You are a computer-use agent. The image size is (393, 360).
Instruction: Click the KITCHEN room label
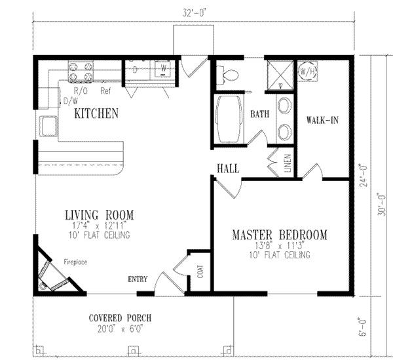(x=96, y=113)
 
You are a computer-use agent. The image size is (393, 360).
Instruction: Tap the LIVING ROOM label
(x=99, y=214)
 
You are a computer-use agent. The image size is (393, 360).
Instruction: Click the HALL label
(x=227, y=169)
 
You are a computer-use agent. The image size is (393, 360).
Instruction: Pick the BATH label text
(x=260, y=114)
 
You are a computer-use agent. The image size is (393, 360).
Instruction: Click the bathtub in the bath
(x=229, y=119)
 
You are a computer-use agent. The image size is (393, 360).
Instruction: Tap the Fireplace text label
(x=75, y=262)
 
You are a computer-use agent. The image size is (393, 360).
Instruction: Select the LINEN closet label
(x=286, y=164)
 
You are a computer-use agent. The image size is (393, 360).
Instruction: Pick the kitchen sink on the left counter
(x=48, y=124)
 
